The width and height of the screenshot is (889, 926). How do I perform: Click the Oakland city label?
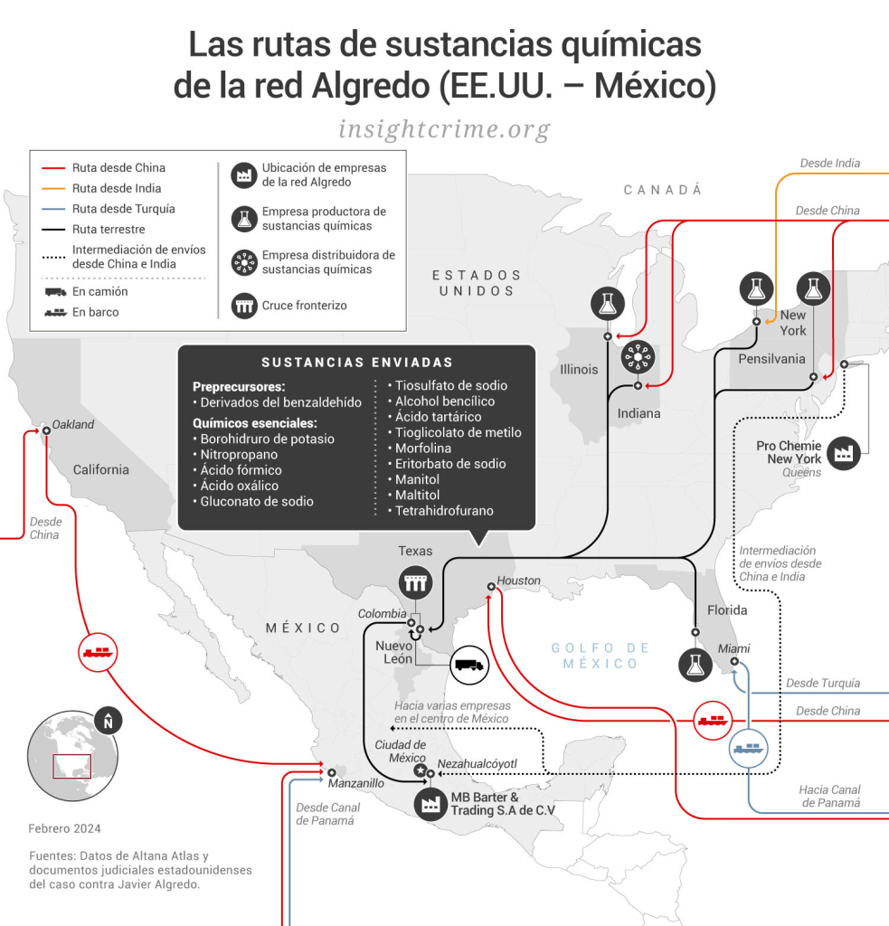click(72, 424)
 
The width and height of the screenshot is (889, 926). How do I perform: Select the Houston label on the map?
click(519, 581)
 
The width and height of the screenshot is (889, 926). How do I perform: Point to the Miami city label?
click(733, 648)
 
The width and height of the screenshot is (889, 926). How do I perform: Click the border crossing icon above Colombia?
click(416, 583)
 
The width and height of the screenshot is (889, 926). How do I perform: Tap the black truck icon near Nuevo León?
click(468, 666)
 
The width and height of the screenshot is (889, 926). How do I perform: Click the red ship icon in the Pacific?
click(98, 651)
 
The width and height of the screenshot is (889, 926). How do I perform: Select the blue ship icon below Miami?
click(749, 749)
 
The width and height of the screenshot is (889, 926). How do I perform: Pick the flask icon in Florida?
click(695, 665)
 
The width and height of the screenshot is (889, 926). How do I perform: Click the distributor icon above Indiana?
click(638, 359)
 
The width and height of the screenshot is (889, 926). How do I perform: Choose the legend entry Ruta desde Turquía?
click(123, 209)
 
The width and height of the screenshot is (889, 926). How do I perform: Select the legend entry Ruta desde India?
click(117, 188)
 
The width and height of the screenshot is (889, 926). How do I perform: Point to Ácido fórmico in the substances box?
click(241, 470)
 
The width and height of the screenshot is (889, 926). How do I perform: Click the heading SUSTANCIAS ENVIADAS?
click(357, 363)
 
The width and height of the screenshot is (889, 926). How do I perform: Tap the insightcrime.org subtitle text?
click(444, 129)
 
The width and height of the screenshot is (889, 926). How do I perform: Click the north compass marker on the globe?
click(109, 721)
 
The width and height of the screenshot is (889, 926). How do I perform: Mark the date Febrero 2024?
click(64, 828)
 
